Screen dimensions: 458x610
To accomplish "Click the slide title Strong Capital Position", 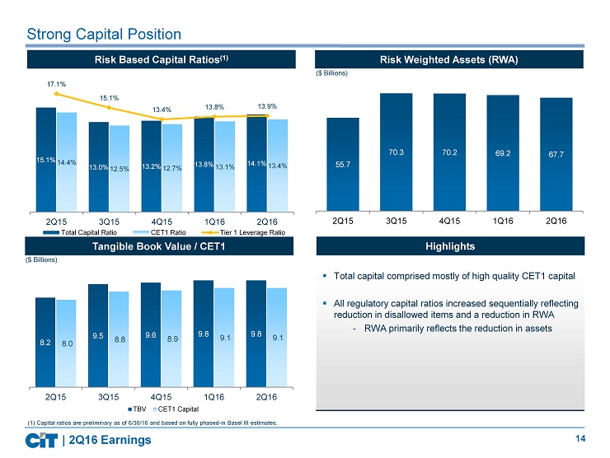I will click(x=104, y=34).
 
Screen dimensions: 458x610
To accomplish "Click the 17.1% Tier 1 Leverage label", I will click(x=57, y=84).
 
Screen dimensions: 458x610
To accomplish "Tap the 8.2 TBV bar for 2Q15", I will click(x=46, y=341).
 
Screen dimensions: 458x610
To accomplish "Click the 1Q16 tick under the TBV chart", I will click(x=214, y=399).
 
